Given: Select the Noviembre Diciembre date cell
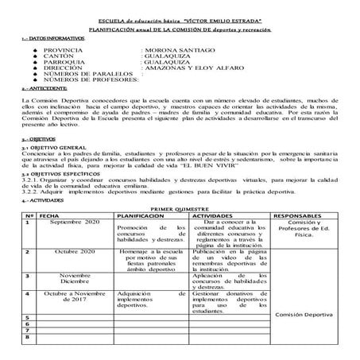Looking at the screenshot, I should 75,279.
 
